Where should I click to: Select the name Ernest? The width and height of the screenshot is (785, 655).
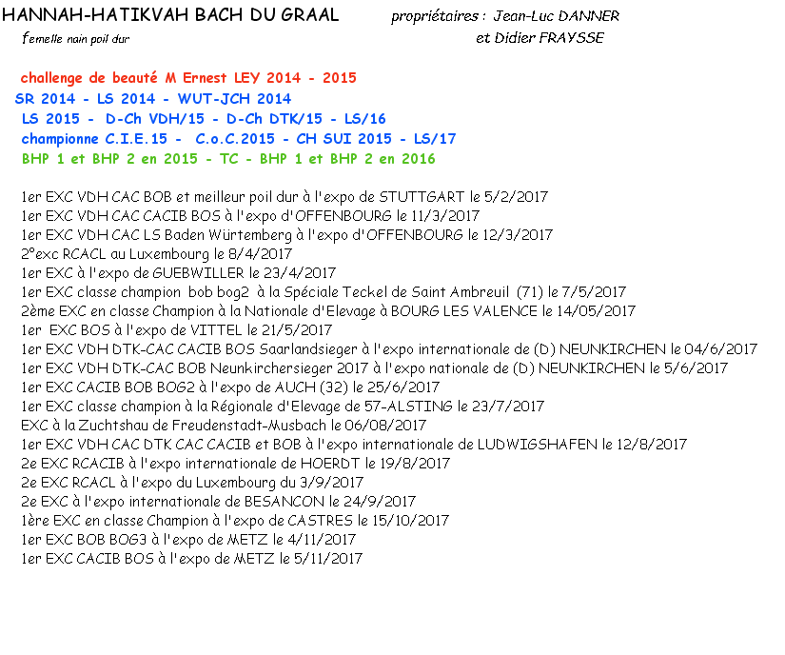[x=206, y=78]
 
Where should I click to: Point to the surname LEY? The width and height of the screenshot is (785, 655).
[x=248, y=78]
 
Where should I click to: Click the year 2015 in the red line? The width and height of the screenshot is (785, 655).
[x=339, y=78]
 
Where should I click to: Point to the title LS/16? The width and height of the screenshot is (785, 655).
[x=365, y=119]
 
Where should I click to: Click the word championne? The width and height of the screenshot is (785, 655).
[x=60, y=139]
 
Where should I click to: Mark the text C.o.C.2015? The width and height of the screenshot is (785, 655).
[x=235, y=139]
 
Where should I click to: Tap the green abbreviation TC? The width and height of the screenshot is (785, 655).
[x=229, y=159]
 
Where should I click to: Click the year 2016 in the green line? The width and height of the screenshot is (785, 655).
[x=419, y=159]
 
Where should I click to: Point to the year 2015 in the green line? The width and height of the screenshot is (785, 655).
[x=180, y=159]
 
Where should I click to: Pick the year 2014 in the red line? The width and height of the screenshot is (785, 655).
[x=284, y=78]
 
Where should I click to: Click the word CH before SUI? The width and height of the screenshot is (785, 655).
[x=306, y=139]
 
